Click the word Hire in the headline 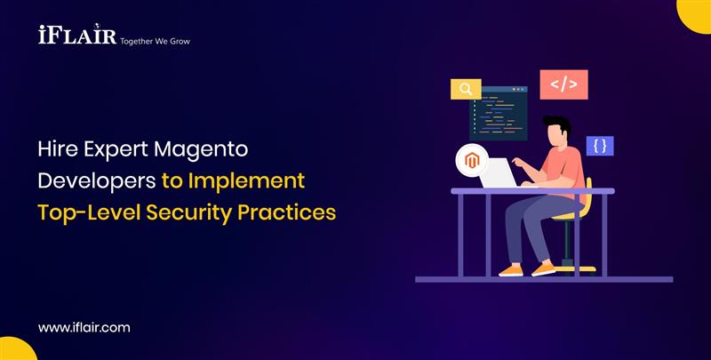click(x=56, y=148)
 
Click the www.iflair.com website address click(x=84, y=327)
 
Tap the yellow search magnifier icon click(x=465, y=89)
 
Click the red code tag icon click(x=563, y=84)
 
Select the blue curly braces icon click(x=600, y=146)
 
